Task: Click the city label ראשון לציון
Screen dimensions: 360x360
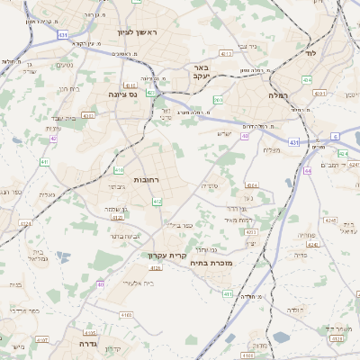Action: (136, 32)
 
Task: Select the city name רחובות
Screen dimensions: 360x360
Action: (146, 180)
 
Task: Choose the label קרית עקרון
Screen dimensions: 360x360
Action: (166, 256)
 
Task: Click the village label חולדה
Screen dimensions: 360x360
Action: (296, 310)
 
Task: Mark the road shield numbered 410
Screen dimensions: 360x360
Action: (120, 168)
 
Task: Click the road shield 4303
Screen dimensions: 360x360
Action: (87, 115)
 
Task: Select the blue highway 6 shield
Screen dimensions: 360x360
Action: (335, 136)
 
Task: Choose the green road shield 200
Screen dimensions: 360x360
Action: (219, 100)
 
